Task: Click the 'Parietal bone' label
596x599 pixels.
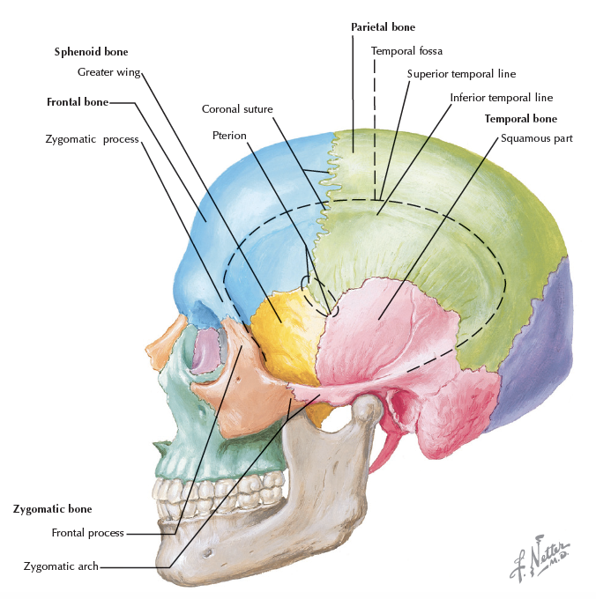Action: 383,27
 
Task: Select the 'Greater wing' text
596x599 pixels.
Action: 108,72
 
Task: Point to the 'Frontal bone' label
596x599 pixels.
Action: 77,102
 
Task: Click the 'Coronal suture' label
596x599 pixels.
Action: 237,109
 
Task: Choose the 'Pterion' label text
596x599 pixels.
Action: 229,136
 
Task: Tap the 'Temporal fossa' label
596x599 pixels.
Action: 406,51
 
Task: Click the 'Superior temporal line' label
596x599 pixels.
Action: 462,74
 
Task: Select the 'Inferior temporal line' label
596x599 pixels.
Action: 502,98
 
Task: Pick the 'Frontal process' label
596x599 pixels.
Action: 87,533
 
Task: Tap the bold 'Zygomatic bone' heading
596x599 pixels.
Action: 52,509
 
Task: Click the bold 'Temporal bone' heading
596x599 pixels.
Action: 520,118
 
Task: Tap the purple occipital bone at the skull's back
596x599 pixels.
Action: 538,352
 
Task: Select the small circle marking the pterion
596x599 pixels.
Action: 307,284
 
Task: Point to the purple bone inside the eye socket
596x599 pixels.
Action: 204,351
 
